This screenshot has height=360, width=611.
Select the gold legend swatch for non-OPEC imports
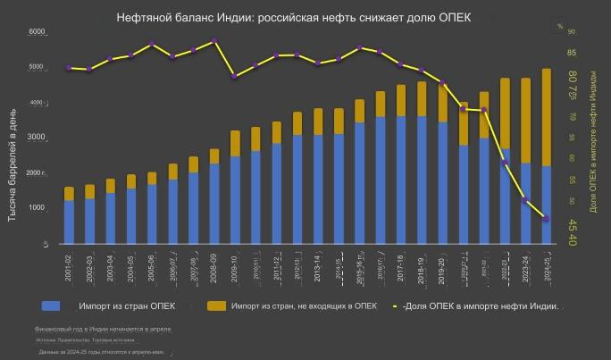click(x=216, y=306)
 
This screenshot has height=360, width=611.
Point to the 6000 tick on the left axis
click(x=38, y=32)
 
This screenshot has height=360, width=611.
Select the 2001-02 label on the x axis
click(x=69, y=267)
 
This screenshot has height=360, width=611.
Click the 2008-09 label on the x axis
click(x=214, y=267)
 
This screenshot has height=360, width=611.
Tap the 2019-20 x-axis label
click(x=442, y=267)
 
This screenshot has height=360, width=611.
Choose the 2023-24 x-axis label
click(x=525, y=267)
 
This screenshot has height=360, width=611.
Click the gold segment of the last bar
click(x=546, y=117)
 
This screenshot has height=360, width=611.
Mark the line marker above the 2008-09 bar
click(x=213, y=41)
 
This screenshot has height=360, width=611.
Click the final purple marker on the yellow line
click(x=546, y=219)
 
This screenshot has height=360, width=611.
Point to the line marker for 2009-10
click(x=234, y=77)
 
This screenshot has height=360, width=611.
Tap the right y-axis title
click(x=595, y=143)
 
